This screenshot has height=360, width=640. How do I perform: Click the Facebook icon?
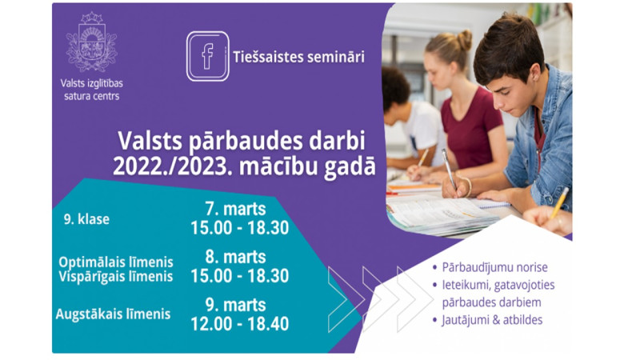(x=207, y=56)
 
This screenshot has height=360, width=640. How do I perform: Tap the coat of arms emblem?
(x=92, y=42)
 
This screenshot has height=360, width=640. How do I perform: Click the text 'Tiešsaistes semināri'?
(x=298, y=57)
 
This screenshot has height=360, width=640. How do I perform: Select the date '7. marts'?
(x=235, y=209)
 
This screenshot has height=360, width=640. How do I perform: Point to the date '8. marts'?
(x=235, y=257)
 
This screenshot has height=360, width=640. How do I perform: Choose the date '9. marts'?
(x=235, y=305)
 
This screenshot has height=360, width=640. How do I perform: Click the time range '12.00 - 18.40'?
(x=239, y=324)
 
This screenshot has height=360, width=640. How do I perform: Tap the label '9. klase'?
(x=86, y=219)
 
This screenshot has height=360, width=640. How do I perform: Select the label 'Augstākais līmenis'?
(x=113, y=314)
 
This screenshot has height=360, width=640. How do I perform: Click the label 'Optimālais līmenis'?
(x=116, y=262)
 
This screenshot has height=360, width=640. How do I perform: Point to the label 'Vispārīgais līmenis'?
(x=116, y=276)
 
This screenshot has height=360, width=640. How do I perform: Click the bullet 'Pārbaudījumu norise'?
(x=494, y=267)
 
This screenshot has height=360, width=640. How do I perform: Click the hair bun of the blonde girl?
(x=464, y=39)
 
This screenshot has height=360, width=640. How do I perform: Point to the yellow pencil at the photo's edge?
(x=559, y=202)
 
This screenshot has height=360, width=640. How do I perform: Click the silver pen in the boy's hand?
(x=450, y=168)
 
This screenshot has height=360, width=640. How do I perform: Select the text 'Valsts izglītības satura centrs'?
(x=92, y=90)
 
